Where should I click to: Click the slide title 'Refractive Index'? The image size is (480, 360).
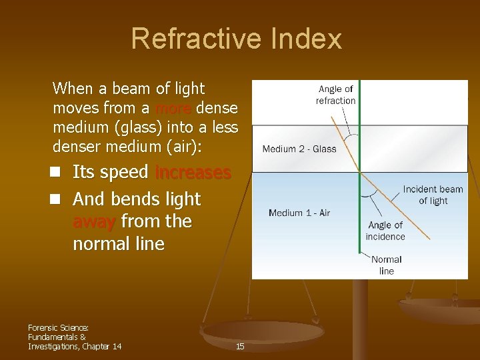coord(236,39)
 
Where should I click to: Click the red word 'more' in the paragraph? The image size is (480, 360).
coord(174,108)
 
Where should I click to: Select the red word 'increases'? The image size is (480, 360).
coord(193,172)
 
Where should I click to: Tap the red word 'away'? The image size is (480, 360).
coord(95,221)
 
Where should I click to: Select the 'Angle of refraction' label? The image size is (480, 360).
coord(335,95)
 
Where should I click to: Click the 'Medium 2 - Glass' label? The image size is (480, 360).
coord(299,149)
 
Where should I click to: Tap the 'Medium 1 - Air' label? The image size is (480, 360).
coord(299,213)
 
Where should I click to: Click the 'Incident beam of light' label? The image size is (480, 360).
coord(433,195)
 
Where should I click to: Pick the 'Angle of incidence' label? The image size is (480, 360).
coord(385,231)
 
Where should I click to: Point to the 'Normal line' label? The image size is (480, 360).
coord(387,265)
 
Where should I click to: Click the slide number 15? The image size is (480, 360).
coord(240,346)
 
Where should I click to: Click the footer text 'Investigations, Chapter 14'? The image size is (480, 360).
coord(75,345)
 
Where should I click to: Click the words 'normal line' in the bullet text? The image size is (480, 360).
coord(118,244)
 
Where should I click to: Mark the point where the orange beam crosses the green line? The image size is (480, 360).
coord(360,172)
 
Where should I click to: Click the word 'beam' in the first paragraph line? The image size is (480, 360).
coord(133,88)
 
